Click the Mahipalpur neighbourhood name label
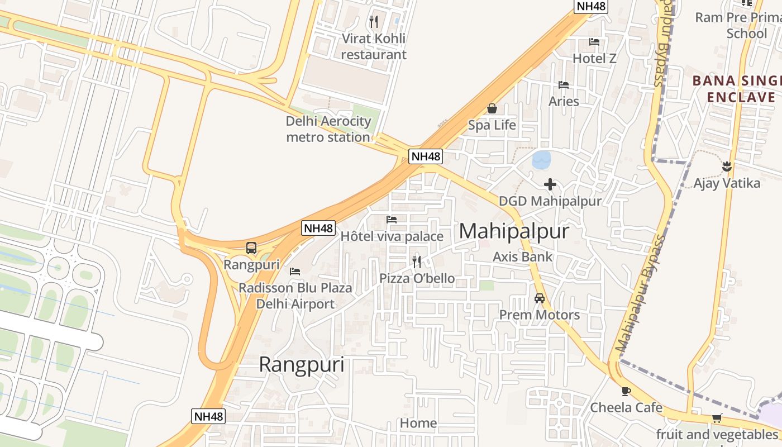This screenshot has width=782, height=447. click(514, 231)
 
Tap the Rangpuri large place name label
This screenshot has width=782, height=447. click(302, 365)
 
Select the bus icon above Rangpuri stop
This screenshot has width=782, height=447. click(251, 248)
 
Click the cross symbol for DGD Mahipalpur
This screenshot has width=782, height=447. click(550, 184)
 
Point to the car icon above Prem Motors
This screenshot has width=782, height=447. click(540, 298)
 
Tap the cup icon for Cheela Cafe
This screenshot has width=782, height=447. click(626, 391)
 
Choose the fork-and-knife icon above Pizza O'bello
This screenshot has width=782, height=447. click(416, 261)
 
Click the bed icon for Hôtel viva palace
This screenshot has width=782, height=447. click(392, 220)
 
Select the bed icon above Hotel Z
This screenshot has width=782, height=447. click(594, 42)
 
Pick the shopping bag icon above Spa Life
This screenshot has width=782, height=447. click(492, 108)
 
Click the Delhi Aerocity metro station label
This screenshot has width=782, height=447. click(328, 129)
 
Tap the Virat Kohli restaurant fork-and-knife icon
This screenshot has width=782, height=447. click(374, 22)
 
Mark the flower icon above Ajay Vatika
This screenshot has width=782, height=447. click(727, 166)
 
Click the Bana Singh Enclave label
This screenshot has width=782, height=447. click(737, 89)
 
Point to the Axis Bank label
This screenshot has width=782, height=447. click(522, 257)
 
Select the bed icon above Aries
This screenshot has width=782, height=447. click(564, 85)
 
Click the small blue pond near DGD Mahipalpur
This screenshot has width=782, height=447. click(541, 160)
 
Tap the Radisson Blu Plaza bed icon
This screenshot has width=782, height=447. click(295, 272)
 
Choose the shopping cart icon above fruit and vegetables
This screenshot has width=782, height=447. click(717, 418)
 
